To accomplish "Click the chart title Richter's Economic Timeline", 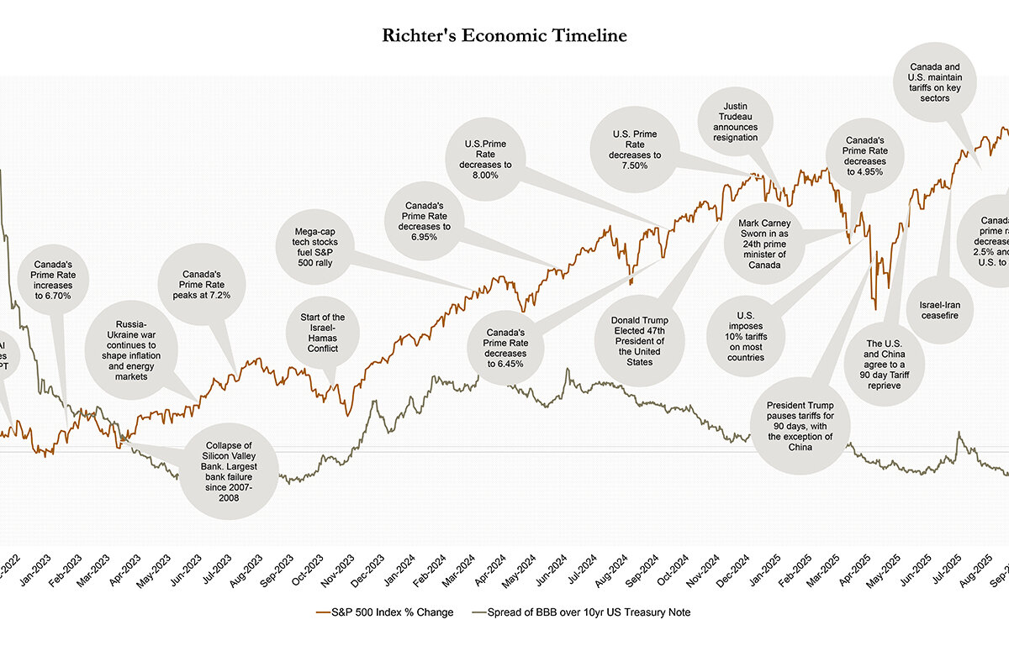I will (504, 35).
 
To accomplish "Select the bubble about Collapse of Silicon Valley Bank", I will (229, 470).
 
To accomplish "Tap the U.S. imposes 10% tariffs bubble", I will (747, 334).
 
